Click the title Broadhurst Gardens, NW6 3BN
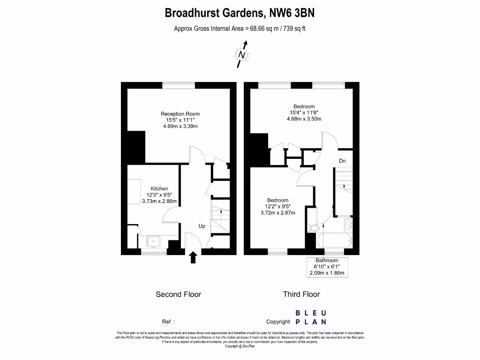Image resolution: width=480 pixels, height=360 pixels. tap(240, 13)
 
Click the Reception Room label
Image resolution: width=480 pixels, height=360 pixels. tap(180, 114)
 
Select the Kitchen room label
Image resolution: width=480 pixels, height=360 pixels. tap(159, 189)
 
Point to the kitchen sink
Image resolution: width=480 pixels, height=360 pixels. tap(153, 241)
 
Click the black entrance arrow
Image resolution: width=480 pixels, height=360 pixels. tap(193, 257)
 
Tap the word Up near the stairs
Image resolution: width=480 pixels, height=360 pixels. tap(202, 226)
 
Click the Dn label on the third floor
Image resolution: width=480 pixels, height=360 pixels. tap(343, 161)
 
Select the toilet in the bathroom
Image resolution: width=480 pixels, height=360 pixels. tap(314, 228)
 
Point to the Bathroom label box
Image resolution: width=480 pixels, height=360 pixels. tap(327, 267)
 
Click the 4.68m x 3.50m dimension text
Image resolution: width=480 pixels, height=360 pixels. tap(304, 119)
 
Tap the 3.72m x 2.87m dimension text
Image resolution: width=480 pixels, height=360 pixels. tap(278, 212)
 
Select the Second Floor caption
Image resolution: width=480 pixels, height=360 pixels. tap(178, 294)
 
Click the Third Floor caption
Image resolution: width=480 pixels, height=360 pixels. tap(301, 294)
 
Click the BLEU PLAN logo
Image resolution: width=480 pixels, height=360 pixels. tap(311, 317)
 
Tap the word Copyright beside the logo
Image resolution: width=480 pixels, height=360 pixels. tap(278, 322)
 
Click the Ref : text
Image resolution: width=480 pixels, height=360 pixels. tap(168, 322)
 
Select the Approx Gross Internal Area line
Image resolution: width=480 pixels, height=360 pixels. tap(240, 29)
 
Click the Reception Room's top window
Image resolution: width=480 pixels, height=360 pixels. tap(179, 84)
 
